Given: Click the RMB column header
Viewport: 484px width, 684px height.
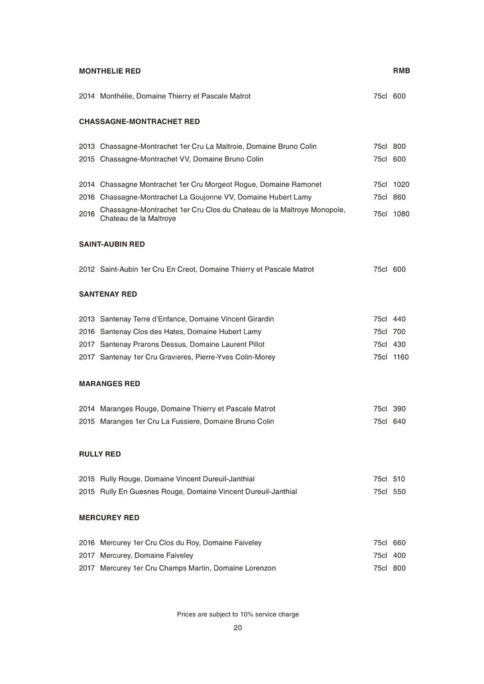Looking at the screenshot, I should (x=402, y=71).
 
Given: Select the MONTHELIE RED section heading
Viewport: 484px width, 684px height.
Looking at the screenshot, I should (x=109, y=71).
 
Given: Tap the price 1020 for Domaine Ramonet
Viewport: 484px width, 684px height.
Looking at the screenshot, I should (x=400, y=184).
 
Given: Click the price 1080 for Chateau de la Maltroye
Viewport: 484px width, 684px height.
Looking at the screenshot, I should (x=400, y=214).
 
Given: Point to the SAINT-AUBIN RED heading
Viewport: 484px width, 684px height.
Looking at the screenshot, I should (x=111, y=244).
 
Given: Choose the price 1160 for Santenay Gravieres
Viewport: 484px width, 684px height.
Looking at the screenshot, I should (x=400, y=357).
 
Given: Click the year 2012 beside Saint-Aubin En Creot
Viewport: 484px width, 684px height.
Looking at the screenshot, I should (x=87, y=270).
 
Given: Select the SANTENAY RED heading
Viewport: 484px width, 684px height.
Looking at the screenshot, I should (x=107, y=294).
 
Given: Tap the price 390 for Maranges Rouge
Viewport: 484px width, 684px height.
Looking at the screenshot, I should (x=399, y=409).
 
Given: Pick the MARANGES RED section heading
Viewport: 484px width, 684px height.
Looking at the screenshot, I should (x=109, y=384).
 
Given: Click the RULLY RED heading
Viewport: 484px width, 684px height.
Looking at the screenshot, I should (x=99, y=454).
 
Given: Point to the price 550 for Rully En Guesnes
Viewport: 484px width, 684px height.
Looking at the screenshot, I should (x=399, y=492).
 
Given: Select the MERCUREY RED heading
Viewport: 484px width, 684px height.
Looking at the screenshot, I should (x=109, y=517).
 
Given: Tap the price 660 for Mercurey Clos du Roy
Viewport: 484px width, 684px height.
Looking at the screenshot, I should (x=399, y=543).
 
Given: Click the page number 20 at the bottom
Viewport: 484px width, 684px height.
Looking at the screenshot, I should (x=238, y=628).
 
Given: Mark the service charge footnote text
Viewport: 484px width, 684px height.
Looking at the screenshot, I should (x=238, y=614).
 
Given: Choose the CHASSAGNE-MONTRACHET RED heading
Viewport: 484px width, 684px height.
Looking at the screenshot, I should (x=139, y=121).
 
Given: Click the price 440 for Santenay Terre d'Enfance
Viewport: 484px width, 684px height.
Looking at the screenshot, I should (x=399, y=319).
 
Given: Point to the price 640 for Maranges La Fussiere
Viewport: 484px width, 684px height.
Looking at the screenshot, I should (x=399, y=422).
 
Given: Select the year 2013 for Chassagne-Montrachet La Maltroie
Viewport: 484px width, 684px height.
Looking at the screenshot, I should (x=87, y=146).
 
